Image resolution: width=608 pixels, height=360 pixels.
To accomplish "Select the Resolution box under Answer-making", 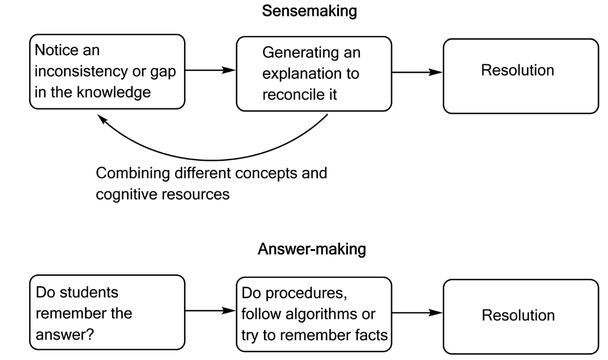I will click(x=520, y=316).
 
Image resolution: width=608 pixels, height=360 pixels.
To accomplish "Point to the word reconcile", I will click(x=291, y=93).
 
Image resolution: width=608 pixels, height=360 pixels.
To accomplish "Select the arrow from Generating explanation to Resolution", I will click(x=417, y=71).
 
